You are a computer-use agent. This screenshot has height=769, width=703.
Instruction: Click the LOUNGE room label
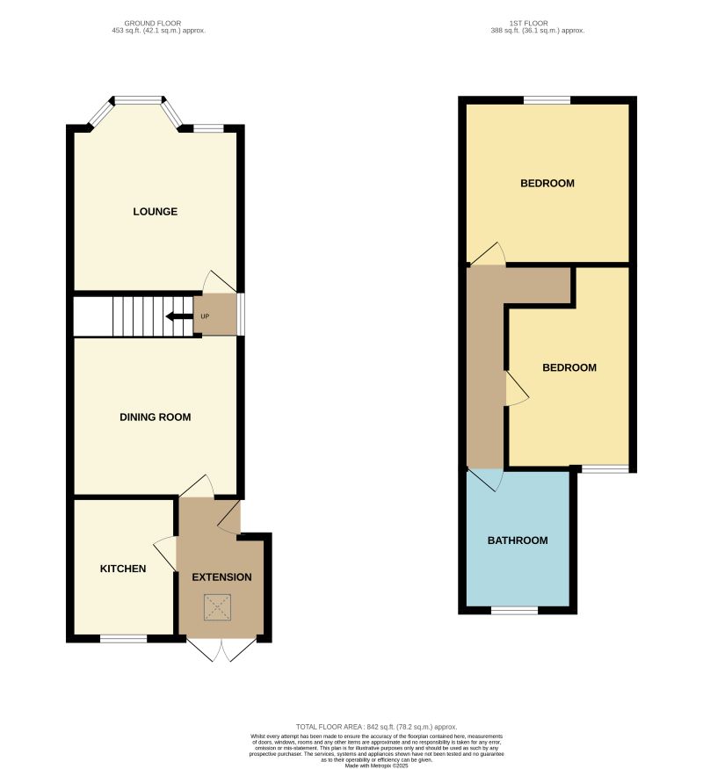156,212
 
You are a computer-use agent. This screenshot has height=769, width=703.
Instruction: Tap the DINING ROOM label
156,417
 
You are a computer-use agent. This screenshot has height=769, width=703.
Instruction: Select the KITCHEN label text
123,569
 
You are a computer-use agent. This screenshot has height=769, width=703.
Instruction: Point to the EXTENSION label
221,577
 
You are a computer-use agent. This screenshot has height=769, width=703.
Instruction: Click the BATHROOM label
518,540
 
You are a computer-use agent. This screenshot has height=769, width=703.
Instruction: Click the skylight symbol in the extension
217,606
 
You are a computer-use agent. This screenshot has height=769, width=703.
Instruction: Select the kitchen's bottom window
123,639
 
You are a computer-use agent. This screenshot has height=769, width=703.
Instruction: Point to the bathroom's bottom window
514,610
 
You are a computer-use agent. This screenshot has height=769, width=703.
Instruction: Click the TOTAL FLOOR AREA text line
377,727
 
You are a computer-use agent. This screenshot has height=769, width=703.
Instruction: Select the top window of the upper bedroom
547,99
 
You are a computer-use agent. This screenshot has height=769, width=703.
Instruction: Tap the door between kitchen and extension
165,554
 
